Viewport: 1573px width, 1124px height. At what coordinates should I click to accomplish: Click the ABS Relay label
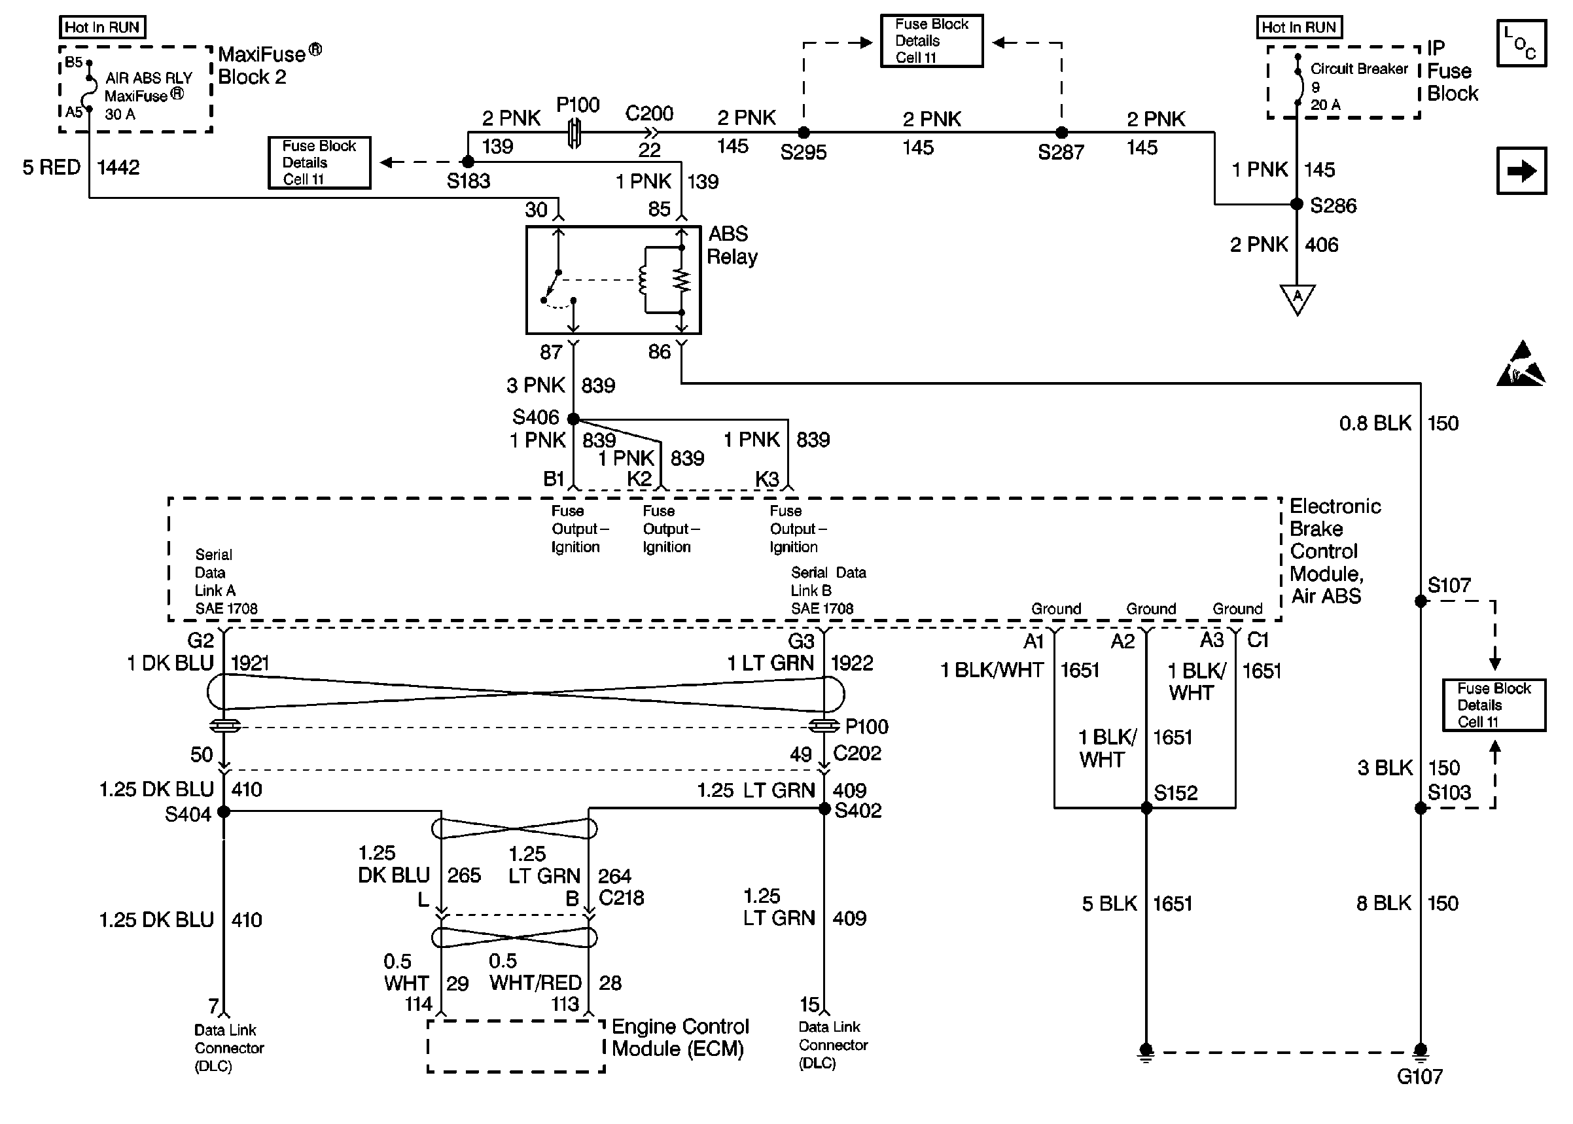[732, 246]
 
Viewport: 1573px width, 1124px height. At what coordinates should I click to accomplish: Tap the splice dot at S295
[804, 132]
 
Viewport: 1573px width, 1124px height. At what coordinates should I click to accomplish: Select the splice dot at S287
[1061, 132]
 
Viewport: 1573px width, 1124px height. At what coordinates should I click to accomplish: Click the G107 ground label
[1419, 1076]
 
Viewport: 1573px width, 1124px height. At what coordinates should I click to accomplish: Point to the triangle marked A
[1298, 298]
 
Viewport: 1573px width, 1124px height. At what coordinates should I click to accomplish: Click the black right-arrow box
[1521, 171]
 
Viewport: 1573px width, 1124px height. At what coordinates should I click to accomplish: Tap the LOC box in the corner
[1521, 43]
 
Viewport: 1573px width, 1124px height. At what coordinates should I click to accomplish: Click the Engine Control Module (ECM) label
[680, 1038]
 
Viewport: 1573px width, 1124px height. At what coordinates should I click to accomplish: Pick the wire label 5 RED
[51, 167]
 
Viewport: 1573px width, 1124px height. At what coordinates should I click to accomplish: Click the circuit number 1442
[118, 167]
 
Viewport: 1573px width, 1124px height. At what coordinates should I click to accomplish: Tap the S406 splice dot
[573, 418]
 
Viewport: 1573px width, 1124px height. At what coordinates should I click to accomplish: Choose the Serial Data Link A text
[226, 582]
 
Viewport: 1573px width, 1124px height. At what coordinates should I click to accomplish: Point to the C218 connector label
[621, 898]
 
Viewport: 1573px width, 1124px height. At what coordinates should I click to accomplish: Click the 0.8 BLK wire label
[1374, 423]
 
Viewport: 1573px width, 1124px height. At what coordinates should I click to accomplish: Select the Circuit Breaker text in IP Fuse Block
[1358, 69]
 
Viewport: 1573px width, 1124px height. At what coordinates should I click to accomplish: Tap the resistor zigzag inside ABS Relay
[682, 280]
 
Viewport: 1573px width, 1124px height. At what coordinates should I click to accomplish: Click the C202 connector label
[857, 753]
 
